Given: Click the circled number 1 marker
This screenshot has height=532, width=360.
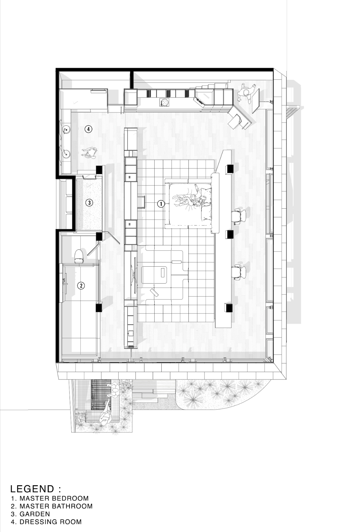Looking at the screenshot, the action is tap(160, 203).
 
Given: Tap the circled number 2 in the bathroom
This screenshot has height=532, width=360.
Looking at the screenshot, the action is tap(81, 286).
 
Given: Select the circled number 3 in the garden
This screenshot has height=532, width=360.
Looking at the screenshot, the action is tap(89, 203).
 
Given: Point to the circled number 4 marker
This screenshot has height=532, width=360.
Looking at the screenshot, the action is tap(89, 129).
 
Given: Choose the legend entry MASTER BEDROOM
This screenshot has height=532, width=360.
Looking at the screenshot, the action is tap(54, 498).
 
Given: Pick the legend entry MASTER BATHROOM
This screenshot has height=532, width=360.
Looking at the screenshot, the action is tap(56, 506).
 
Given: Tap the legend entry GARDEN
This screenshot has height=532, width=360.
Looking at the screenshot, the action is tap(34, 514).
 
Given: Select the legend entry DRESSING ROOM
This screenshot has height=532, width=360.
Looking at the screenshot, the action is tap(51, 522).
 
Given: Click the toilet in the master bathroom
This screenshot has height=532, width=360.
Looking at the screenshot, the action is tap(79, 256).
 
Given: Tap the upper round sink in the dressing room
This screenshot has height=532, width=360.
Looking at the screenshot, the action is tap(66, 130).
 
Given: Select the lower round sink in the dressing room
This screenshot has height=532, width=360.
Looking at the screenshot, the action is tap(66, 153).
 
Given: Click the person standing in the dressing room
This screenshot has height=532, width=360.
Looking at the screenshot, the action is tap(89, 152).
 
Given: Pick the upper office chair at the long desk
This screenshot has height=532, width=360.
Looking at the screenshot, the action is tap(239, 215).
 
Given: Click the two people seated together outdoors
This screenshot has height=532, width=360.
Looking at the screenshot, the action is tap(114, 389).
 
